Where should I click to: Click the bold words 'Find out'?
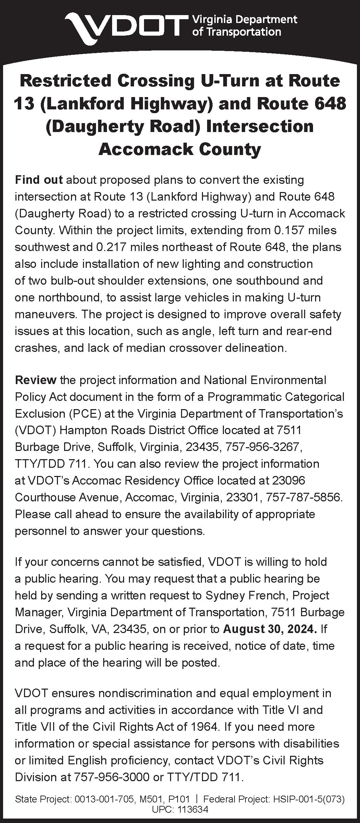(39, 180)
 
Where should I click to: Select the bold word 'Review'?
(36, 380)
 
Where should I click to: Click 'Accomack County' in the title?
(180, 150)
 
